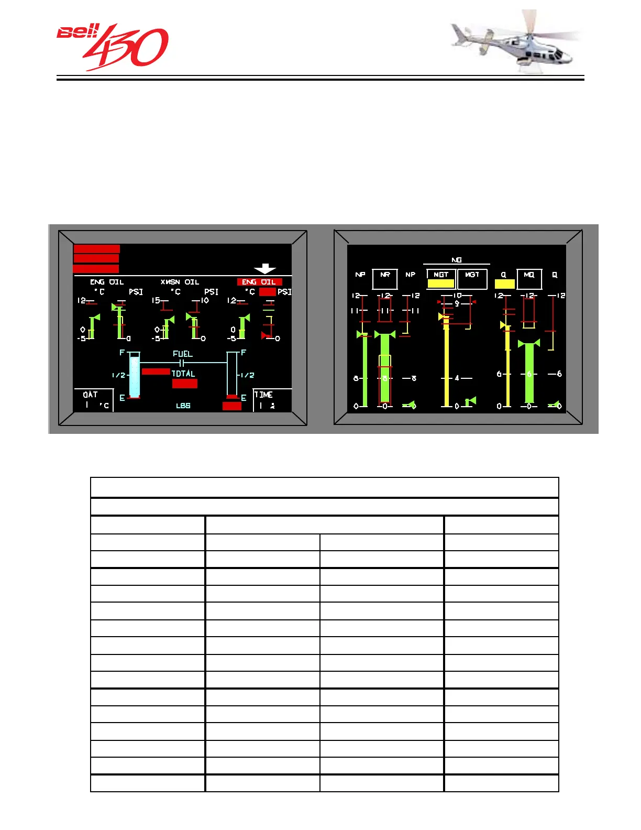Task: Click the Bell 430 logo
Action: coord(113,47)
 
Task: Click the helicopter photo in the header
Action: coord(516,42)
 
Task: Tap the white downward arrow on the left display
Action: coord(265,268)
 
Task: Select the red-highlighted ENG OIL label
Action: coord(259,282)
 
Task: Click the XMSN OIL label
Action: coord(180,282)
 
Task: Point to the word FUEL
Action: coord(183,354)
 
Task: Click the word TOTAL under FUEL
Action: coord(183,374)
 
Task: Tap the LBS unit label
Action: coord(183,406)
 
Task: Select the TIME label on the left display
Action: coord(263,395)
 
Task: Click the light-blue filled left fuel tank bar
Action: coord(135,376)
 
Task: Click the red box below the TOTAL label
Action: coord(185,384)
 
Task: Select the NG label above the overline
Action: coord(457,260)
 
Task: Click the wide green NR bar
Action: coord(385,369)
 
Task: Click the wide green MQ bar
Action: coord(529,373)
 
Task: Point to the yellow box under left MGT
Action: coord(441,283)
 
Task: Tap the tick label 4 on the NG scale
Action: coord(457,378)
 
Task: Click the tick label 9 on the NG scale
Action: coord(457,303)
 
